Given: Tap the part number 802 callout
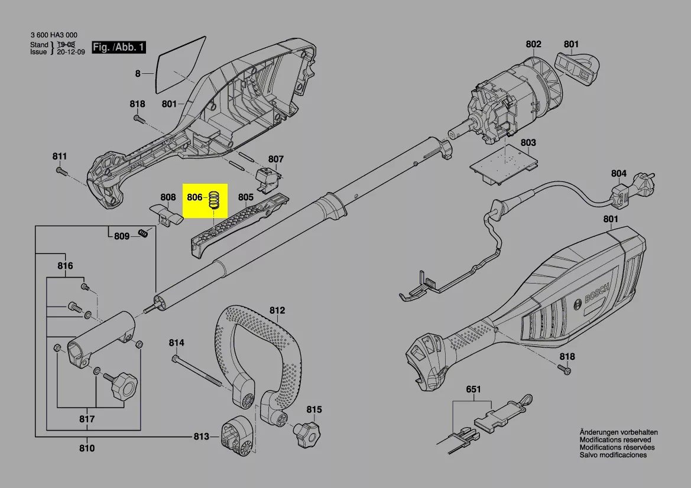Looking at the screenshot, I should (533, 44).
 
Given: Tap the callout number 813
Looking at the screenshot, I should (201, 437).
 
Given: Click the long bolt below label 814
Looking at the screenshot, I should (198, 372).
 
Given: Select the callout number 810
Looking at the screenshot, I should (87, 448).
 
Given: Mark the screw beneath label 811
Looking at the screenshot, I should (60, 171).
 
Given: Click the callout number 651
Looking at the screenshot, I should (473, 390).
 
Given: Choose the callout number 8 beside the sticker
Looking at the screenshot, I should (138, 74).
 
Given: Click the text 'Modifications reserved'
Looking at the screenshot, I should (615, 440).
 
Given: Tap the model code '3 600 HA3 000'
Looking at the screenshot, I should (54, 35).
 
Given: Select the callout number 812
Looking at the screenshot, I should (277, 310).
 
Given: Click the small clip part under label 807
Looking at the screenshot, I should (268, 175).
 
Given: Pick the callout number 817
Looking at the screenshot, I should (87, 420).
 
